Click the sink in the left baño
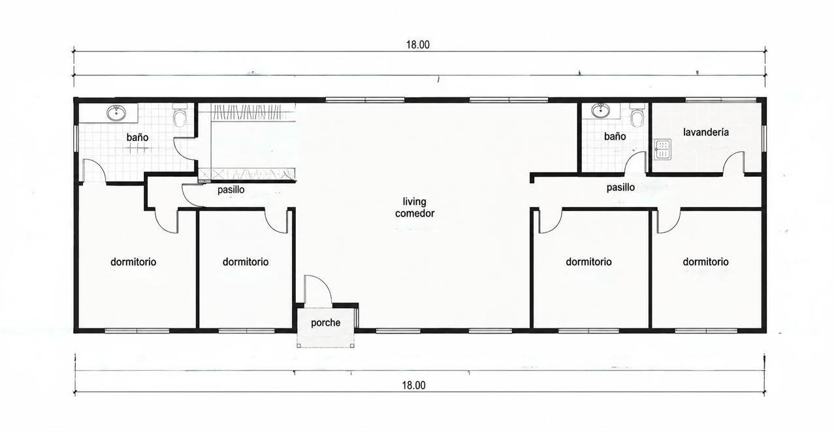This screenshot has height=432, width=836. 116,113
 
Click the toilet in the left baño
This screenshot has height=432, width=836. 180,116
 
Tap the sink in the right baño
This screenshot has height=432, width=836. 600,110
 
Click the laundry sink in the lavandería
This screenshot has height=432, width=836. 662,149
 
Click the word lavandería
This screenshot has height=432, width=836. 706,132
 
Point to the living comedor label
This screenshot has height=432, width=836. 415,208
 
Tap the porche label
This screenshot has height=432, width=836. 325,322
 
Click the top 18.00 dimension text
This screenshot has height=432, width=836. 417,45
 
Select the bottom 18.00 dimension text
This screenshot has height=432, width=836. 413,386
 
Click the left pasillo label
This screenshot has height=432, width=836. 231,190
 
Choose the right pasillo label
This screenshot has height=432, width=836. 620,187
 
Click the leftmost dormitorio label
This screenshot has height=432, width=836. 133,262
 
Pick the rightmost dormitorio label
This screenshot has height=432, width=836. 705,262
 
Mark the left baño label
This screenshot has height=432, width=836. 137,137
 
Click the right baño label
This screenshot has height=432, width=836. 615,136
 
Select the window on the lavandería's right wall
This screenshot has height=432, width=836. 764,138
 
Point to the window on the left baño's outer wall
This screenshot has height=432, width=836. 76,138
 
